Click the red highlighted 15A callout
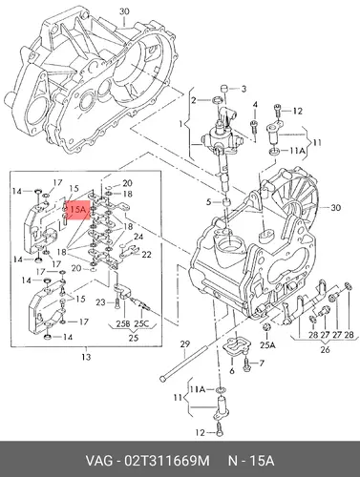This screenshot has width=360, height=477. (77, 210)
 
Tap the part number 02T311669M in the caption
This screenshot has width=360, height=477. (168, 460)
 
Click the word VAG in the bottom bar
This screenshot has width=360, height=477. (99, 460)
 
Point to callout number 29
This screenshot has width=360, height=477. (184, 344)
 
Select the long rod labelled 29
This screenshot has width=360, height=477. (183, 363)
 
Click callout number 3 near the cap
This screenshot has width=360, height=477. (244, 89)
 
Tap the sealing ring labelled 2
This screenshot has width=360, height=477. (218, 101)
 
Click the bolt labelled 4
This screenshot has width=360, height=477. (254, 127)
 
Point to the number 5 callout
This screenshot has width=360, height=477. (208, 201)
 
